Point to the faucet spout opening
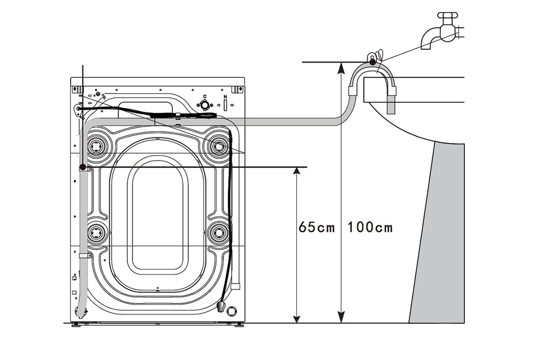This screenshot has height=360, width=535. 427,47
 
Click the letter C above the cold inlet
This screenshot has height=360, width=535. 205,96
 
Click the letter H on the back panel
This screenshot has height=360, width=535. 225,97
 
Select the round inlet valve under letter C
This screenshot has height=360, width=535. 204,105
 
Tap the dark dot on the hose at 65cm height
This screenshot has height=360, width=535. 82,167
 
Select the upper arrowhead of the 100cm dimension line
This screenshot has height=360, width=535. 340,66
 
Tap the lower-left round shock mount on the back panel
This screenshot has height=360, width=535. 97,233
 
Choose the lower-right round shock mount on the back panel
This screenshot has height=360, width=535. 218,233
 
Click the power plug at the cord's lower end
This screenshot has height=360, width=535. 220,307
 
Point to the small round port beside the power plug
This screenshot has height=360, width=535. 232,310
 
